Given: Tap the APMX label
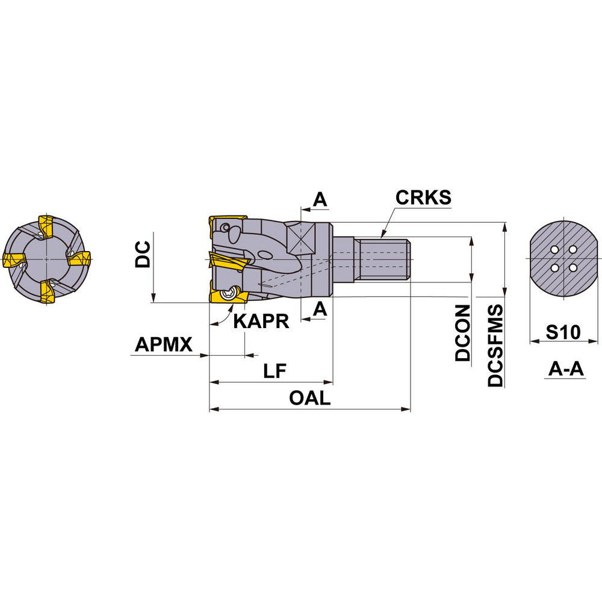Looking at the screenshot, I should tap(163, 345).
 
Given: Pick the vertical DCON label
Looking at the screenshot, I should tap(462, 333).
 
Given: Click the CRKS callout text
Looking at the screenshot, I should tap(423, 198).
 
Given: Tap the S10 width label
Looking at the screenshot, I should tap(559, 332).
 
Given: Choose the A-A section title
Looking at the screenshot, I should tap(566, 369).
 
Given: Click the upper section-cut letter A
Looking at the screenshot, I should tap(321, 200).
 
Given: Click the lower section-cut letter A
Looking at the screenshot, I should tap(321, 308).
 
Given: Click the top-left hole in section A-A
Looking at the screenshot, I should tap(554, 250).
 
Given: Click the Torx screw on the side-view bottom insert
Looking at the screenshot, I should tap(228, 294).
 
